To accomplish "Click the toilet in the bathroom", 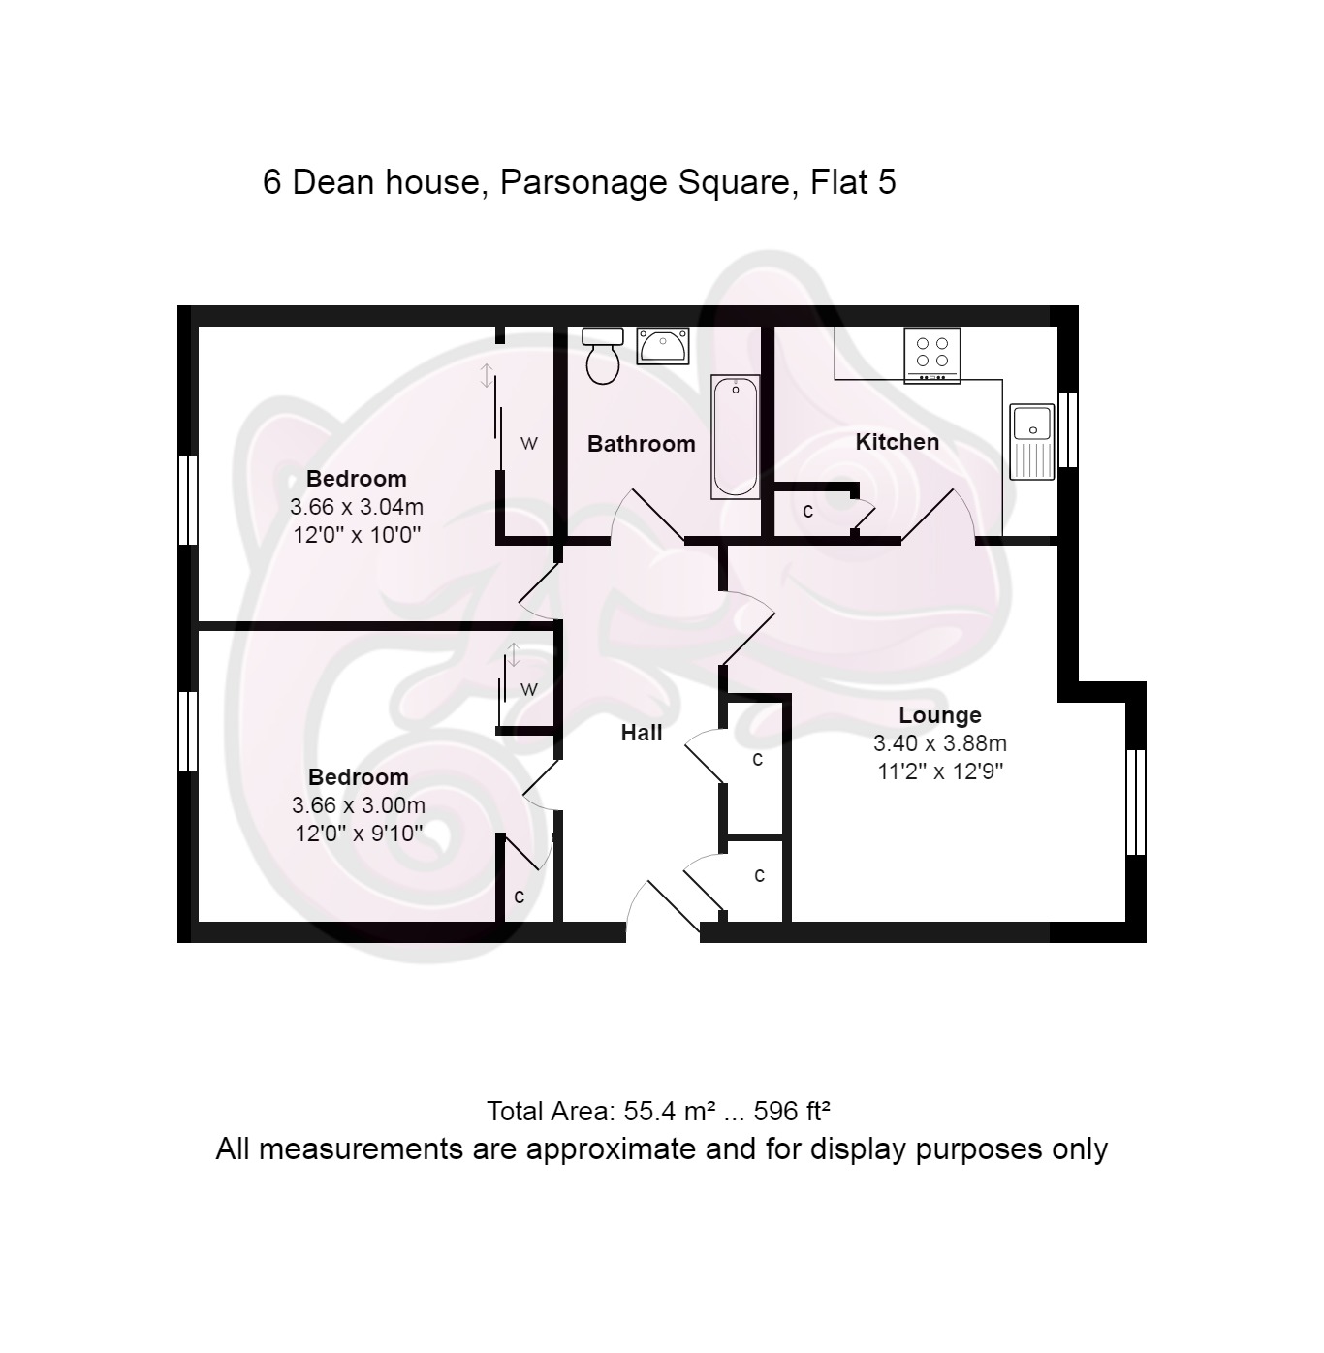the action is coord(602,356).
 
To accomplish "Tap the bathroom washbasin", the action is coord(663,346).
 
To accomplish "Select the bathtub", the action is coord(735,437).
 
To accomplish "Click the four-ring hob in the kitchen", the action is coord(931,356).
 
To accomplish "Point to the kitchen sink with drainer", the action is coord(1032,441).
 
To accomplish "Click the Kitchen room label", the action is coord(897,442).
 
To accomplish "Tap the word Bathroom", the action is coord(641,444).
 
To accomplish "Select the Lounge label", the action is coord(940,714).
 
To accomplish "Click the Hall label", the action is coord(641,732).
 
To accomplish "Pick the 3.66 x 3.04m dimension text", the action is coord(356,507).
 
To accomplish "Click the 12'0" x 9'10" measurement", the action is coord(359,833).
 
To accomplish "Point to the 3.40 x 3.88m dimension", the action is coord(940,743).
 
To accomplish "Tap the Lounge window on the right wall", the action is coord(1136,802).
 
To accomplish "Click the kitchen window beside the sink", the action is coord(1068,429).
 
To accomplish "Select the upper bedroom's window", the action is coord(188,499).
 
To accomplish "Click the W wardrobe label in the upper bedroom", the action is coord(529,443).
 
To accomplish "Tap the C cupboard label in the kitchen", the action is coord(807,511).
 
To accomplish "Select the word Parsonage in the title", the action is coord(583,183).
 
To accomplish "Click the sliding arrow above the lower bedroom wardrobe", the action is coord(513,655).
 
